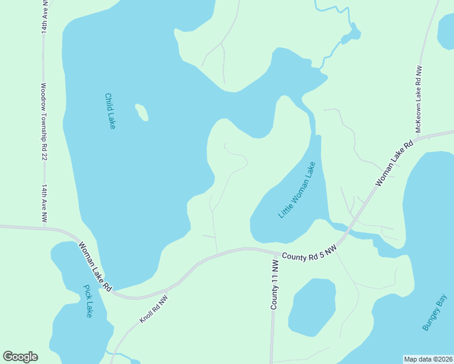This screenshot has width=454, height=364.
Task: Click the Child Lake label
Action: tap(110, 110)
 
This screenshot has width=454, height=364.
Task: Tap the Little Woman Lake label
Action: tap(297, 190)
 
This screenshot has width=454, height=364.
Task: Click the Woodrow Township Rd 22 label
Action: tap(44, 121)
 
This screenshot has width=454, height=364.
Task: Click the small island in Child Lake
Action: tap(141, 112)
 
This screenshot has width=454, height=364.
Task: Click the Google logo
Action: tap(20, 357)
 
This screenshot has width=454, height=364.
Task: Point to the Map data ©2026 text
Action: tap(429, 359)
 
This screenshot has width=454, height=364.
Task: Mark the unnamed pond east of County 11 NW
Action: tap(312, 306)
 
